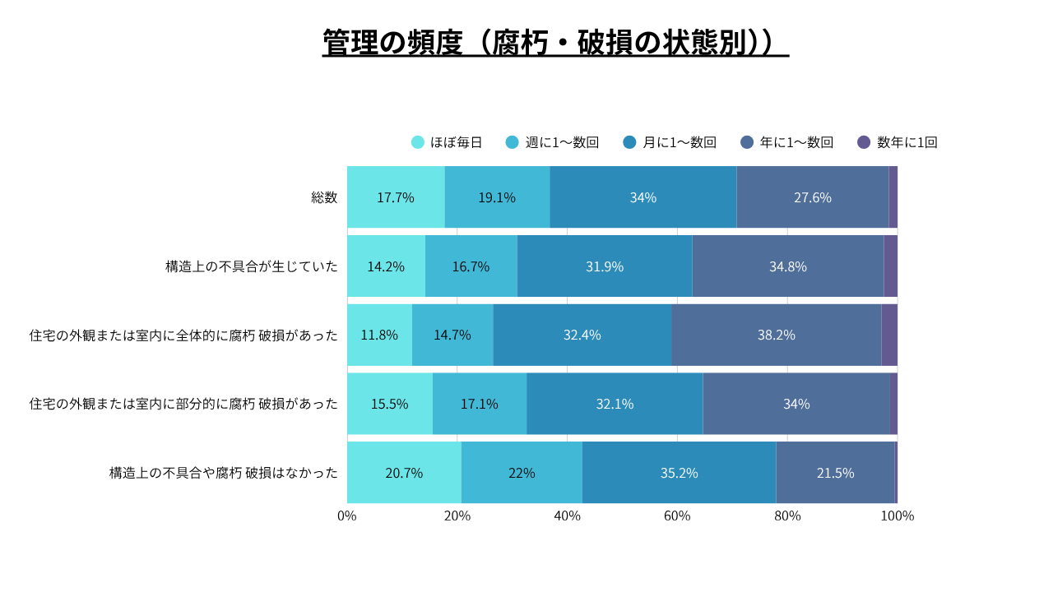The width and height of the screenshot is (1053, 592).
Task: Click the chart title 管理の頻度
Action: click(x=555, y=43)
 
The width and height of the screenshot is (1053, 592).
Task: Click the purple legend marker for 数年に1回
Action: click(x=864, y=142)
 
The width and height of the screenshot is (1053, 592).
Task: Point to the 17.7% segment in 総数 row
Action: click(x=396, y=197)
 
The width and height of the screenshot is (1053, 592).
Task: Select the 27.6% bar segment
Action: click(x=813, y=197)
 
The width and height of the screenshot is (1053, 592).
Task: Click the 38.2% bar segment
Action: click(x=777, y=335)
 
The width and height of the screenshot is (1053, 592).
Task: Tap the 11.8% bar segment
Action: click(x=379, y=335)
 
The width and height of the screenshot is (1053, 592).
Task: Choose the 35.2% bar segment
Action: click(x=679, y=473)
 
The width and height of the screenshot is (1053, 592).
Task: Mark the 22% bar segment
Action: click(x=522, y=473)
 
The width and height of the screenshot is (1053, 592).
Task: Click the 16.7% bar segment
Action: click(x=471, y=266)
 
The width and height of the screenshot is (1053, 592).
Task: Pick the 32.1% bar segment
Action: click(x=615, y=404)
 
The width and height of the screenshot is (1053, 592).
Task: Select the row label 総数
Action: click(x=324, y=197)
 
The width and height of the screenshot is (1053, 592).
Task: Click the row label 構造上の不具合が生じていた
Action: click(x=252, y=266)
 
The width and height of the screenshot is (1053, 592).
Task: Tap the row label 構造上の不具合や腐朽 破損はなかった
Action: click(x=224, y=473)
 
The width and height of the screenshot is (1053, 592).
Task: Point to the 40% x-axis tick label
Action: click(x=567, y=516)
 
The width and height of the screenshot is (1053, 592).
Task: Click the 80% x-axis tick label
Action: click(x=787, y=516)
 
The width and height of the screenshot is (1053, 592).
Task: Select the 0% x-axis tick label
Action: click(x=347, y=516)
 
